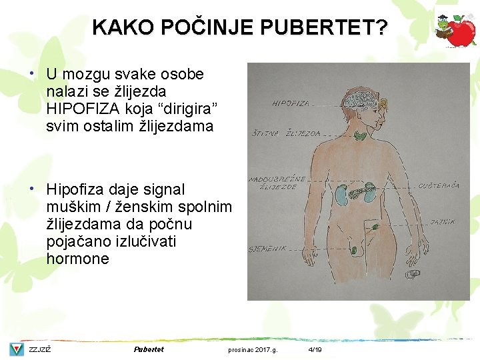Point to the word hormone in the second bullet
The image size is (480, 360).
point(77,259)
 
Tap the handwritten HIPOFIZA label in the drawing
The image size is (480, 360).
point(291,103)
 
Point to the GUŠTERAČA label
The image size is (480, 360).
point(438,185)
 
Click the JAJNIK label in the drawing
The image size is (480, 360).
point(443,221)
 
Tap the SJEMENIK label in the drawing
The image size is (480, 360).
point(267,249)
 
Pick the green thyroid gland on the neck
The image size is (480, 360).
point(361,137)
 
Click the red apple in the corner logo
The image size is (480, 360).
point(461,31)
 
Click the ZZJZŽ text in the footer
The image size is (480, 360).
point(40,349)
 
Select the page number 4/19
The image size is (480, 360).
point(315,349)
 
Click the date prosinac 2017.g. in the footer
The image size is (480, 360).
point(253,349)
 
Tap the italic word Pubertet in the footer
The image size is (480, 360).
point(148,349)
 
